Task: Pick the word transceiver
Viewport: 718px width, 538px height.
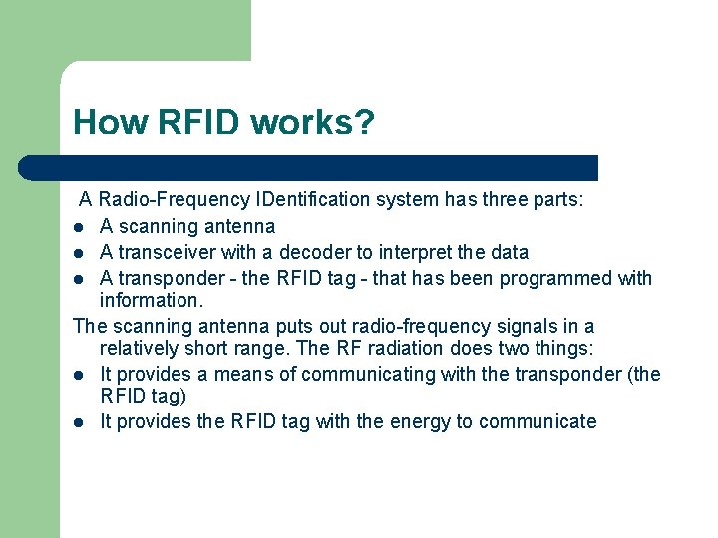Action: (169, 252)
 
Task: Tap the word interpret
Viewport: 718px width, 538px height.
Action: (406, 252)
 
